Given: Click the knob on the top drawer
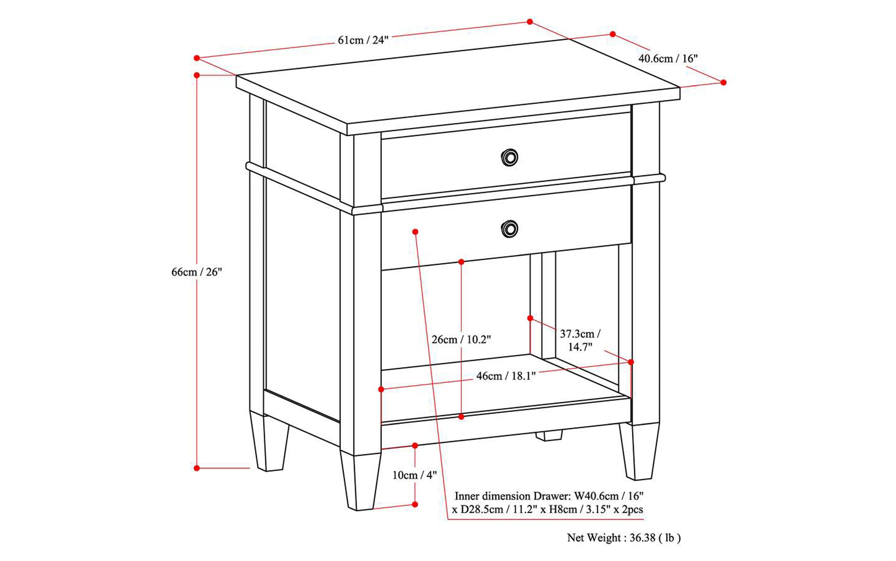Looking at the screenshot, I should click(x=509, y=158).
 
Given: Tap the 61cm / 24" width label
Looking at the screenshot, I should click(x=363, y=40).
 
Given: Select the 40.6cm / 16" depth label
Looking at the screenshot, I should click(x=668, y=58).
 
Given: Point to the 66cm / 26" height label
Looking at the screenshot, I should click(x=196, y=272).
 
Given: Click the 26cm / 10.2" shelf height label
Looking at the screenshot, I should click(x=461, y=339).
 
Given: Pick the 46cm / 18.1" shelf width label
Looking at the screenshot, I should click(x=506, y=376).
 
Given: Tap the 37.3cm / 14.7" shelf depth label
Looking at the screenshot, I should click(x=580, y=340).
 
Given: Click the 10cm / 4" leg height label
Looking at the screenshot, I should click(x=415, y=475).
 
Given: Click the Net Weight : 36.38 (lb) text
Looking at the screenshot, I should click(x=623, y=538).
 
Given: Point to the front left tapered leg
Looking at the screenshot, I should click(x=360, y=482).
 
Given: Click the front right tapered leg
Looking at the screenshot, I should click(x=639, y=451).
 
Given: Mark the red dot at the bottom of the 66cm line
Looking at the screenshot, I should click(x=197, y=468).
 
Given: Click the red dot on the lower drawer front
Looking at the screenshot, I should click(x=415, y=232).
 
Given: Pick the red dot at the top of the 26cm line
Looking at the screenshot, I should click(x=461, y=262).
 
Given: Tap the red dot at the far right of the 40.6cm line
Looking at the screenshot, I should click(x=723, y=82).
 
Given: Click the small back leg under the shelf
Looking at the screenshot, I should click(x=548, y=435).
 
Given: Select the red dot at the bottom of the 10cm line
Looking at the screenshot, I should click(x=415, y=505).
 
